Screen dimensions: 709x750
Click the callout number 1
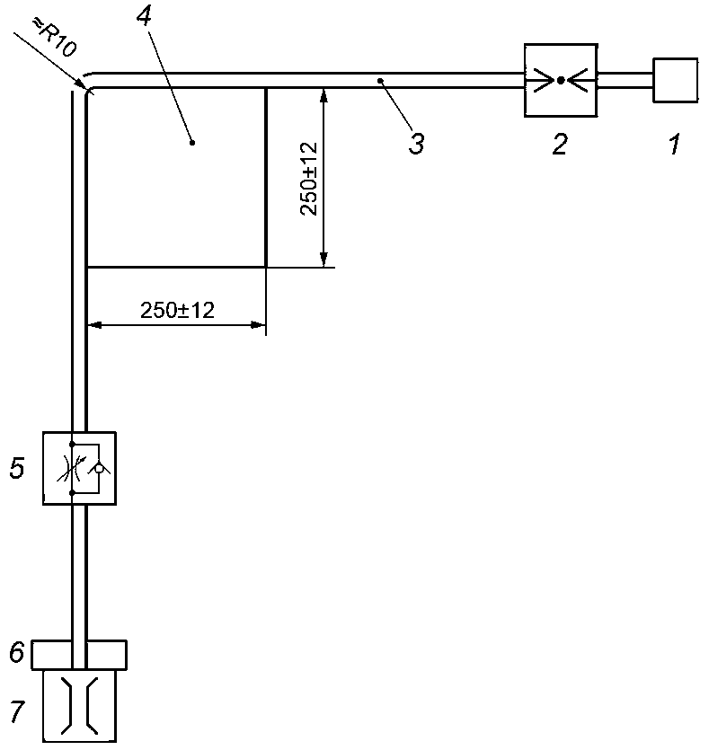(675, 144)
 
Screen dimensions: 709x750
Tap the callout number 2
(560, 144)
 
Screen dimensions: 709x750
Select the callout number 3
(416, 144)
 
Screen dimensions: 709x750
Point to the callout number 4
(144, 17)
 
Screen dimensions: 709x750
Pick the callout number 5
(17, 468)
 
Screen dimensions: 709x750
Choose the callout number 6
(17, 652)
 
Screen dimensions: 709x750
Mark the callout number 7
(17, 711)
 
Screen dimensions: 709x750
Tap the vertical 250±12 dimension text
(309, 179)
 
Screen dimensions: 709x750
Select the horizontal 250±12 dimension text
(178, 311)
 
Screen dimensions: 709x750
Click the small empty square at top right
(675, 80)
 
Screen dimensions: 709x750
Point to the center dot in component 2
(561, 80)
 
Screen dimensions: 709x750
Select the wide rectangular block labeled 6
(79, 654)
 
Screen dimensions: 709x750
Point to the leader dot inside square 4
(192, 142)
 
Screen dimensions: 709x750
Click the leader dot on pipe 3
(380, 81)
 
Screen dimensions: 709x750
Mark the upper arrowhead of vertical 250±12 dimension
(323, 95)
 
